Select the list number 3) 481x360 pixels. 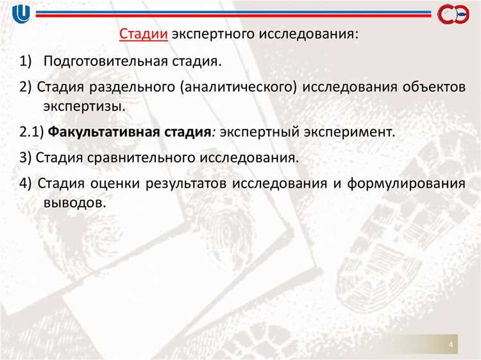[26, 157]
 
